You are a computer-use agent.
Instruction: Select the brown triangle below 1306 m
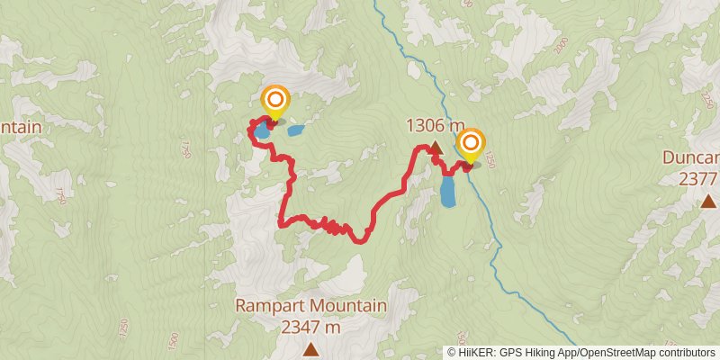click(435, 148)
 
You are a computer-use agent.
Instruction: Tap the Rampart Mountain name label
click(311, 306)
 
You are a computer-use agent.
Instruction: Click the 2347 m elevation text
click(311, 327)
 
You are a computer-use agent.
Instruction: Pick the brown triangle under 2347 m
click(311, 347)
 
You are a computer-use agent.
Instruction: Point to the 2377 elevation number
click(700, 179)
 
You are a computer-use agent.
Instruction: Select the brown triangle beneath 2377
click(708, 202)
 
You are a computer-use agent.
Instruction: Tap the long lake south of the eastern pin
click(448, 191)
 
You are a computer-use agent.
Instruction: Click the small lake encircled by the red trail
click(260, 132)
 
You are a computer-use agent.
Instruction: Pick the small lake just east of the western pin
click(294, 131)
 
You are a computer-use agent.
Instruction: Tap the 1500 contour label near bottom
click(172, 341)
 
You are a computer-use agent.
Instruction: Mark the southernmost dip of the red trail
click(360, 240)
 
